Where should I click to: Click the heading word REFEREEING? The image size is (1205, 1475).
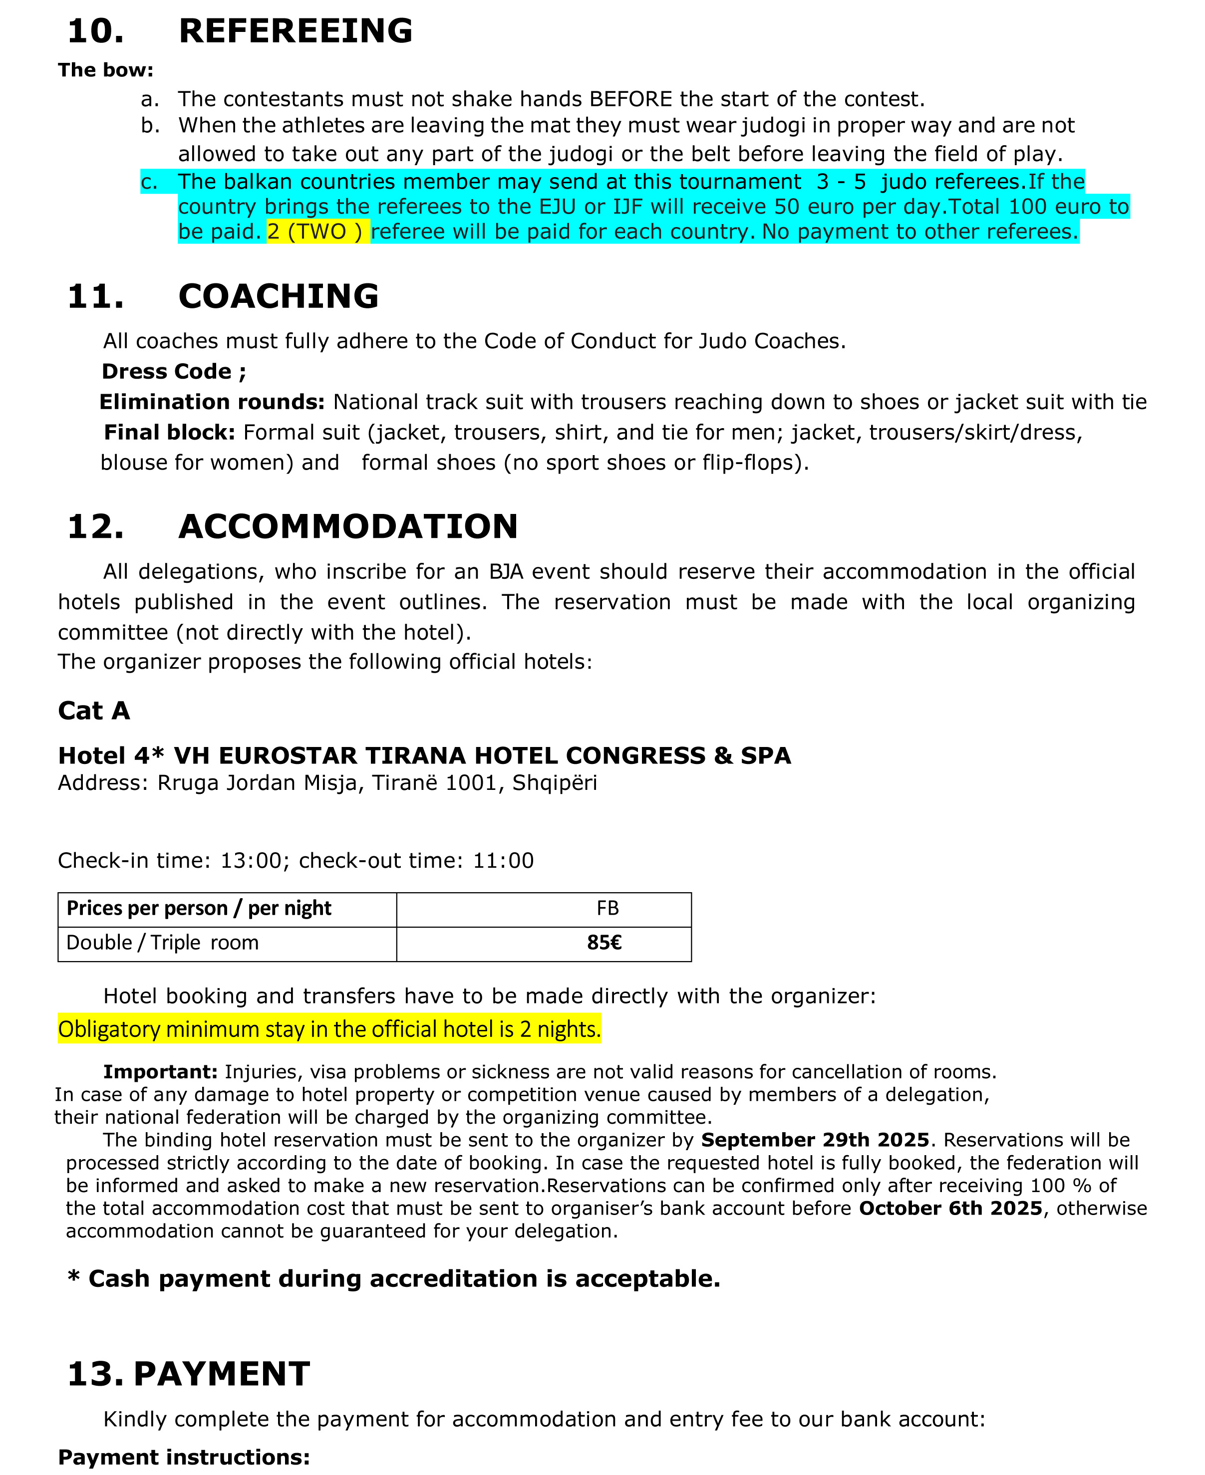click(295, 31)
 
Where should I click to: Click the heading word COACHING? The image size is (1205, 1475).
click(279, 296)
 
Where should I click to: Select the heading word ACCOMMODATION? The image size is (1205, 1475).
click(348, 526)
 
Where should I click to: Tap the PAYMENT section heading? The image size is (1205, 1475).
click(222, 1374)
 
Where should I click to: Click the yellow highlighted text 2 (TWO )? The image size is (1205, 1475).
click(317, 232)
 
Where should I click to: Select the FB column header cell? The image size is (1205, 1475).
click(607, 908)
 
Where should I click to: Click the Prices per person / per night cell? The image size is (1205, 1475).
click(199, 908)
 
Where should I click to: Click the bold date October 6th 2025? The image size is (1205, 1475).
click(950, 1208)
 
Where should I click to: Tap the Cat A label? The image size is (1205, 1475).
click(94, 711)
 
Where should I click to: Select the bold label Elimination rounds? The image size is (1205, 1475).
click(212, 402)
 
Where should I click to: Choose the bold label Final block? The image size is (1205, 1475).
click(169, 433)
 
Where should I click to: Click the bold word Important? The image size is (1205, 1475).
click(160, 1072)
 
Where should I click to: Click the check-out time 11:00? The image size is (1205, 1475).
click(503, 860)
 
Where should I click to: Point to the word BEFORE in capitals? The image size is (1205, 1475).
click(630, 99)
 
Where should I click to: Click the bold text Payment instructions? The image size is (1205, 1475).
click(184, 1457)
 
